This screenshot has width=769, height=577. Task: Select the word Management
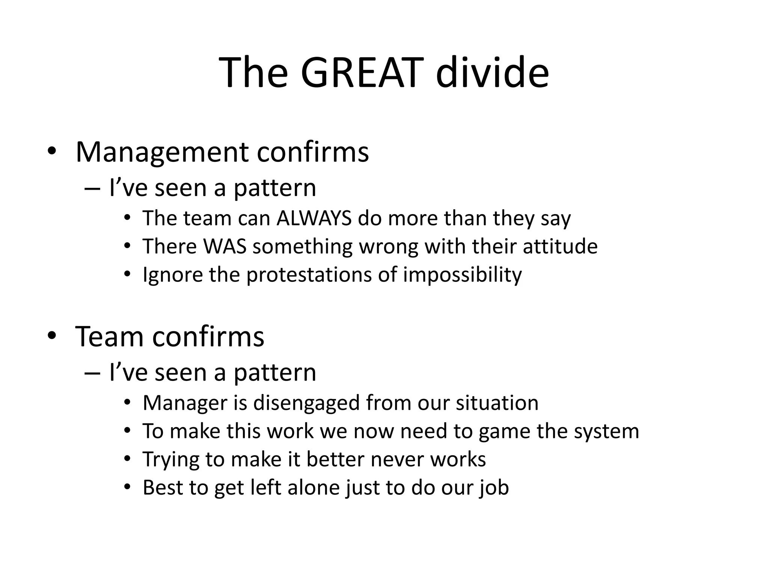click(162, 152)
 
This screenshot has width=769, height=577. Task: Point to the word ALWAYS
click(314, 218)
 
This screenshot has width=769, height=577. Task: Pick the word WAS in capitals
click(225, 246)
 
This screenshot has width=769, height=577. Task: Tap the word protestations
click(309, 275)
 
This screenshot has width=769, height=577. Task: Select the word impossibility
click(462, 275)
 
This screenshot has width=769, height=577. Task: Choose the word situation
click(497, 403)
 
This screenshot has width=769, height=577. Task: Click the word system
click(606, 432)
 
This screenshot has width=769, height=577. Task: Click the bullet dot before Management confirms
click(51, 151)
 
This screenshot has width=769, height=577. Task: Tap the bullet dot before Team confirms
click(51, 335)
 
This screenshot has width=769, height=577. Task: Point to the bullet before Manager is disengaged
click(128, 403)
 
